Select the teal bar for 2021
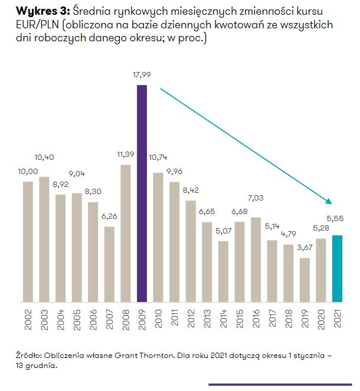click(x=338, y=268)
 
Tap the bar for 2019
click(x=305, y=280)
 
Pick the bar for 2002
click(x=28, y=242)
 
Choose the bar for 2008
click(x=126, y=233)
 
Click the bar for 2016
click(x=256, y=259)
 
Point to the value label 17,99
click(x=142, y=75)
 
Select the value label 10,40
click(x=44, y=157)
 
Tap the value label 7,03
click(x=256, y=199)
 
